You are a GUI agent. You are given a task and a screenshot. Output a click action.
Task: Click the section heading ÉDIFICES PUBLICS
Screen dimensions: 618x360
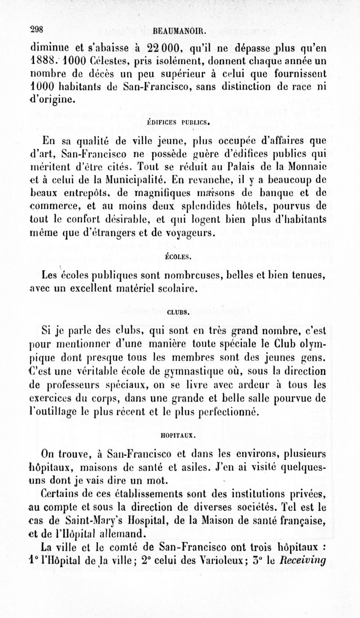click(180, 121)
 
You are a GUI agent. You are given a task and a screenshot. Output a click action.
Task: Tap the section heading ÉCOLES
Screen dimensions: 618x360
click(180, 258)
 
